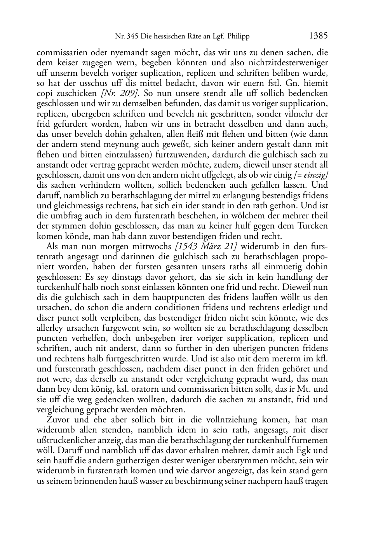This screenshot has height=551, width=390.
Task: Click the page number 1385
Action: pyautogui.click(x=319, y=36)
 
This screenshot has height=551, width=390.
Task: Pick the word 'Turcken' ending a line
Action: pyautogui.click(x=313, y=226)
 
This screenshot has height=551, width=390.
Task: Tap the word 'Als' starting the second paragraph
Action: pyautogui.click(x=52, y=246)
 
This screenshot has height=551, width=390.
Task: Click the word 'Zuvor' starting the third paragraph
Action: pyautogui.click(x=57, y=420)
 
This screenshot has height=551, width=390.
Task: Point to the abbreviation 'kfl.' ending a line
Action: pyautogui.click(x=322, y=358)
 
